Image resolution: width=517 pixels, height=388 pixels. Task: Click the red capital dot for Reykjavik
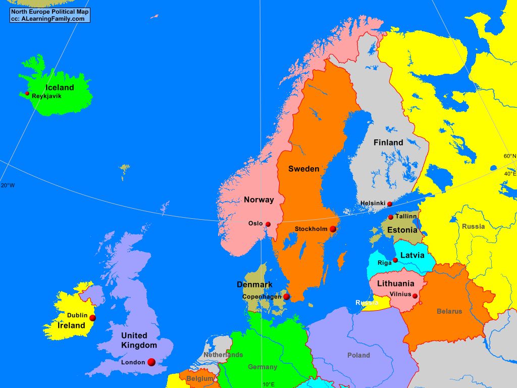coord(27,93)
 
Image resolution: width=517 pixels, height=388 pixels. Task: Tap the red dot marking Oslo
coord(268,224)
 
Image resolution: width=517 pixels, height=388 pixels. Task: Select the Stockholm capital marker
coord(333,229)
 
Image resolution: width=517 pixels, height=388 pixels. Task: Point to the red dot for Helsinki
coord(389,204)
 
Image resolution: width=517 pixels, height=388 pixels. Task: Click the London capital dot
coord(151,362)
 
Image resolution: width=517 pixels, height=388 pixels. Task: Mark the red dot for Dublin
coord(92,318)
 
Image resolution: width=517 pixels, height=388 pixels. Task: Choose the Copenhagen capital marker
coord(287,297)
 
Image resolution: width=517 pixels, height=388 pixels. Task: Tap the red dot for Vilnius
coord(416,296)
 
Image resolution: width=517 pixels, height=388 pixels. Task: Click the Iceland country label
coord(60,87)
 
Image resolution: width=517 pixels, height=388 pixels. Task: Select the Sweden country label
coord(303,169)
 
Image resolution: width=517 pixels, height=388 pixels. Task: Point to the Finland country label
coord(388,142)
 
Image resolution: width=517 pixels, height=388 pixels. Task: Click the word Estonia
coord(402,230)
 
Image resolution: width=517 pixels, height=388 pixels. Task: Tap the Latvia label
coord(412,255)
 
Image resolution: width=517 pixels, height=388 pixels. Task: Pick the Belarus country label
coord(449,311)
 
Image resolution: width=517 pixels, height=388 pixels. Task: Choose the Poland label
coord(358,355)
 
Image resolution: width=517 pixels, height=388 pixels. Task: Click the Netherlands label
coord(223,355)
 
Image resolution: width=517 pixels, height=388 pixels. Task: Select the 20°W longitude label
coord(8,185)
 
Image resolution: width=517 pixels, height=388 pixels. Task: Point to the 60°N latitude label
coord(509,156)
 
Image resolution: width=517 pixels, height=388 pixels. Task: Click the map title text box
coord(49,15)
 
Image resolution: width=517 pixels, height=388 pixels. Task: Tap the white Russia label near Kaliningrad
coord(367,303)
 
